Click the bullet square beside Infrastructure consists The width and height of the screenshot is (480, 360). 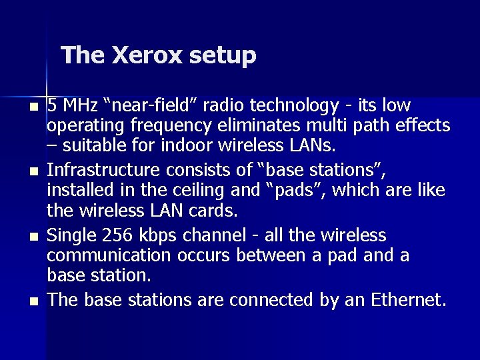click(35, 173)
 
